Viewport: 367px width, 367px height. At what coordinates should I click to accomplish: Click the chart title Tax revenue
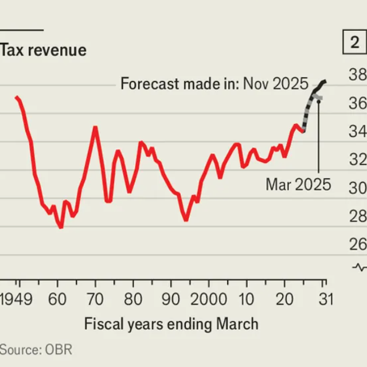44,50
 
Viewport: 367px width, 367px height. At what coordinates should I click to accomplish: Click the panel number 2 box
354,42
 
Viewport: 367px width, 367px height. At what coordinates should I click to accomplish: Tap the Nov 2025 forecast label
214,84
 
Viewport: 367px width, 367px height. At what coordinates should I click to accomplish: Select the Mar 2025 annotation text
298,185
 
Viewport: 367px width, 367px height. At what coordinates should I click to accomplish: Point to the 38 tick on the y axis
358,75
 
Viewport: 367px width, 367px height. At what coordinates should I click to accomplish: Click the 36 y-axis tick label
358,103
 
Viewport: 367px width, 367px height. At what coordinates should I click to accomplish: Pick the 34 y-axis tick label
358,131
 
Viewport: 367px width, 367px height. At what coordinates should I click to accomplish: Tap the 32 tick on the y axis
358,159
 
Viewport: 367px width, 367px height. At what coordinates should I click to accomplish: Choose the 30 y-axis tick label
358,188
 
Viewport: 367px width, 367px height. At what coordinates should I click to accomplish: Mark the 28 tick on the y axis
358,216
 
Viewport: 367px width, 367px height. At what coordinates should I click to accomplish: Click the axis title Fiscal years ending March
171,324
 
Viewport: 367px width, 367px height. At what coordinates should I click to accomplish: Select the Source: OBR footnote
36,349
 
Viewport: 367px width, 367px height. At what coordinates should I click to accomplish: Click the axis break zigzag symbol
360,267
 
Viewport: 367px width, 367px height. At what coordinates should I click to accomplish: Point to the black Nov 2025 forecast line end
325,81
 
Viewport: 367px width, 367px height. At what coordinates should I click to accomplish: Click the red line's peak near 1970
95,127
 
